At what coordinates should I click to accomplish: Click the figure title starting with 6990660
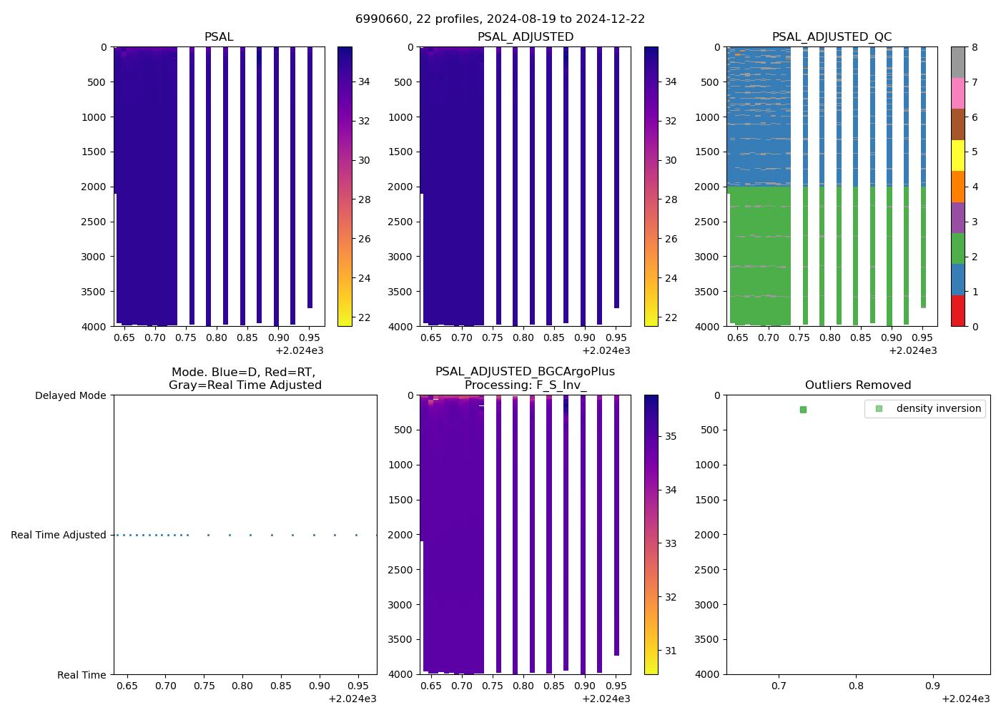pyautogui.click(x=500, y=19)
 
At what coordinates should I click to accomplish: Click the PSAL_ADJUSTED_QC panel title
pyautogui.click(x=832, y=37)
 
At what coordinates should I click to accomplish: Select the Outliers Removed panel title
pyautogui.click(x=857, y=385)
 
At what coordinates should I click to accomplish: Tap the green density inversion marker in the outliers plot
pyautogui.click(x=803, y=410)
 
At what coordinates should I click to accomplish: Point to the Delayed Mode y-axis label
pyautogui.click(x=70, y=395)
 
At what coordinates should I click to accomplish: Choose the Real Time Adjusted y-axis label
pyautogui.click(x=58, y=535)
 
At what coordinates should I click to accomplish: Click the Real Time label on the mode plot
pyautogui.click(x=82, y=675)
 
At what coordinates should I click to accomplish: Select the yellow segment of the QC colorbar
pyautogui.click(x=958, y=155)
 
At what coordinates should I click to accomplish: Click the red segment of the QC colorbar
pyautogui.click(x=958, y=311)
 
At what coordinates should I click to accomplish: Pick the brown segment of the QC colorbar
pyautogui.click(x=958, y=124)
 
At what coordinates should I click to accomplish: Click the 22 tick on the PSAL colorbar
pyautogui.click(x=364, y=317)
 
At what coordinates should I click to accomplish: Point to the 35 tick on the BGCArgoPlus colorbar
pyautogui.click(x=671, y=436)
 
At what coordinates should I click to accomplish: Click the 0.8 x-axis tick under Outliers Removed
pyautogui.click(x=856, y=686)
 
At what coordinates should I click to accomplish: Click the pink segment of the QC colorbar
pyautogui.click(x=958, y=93)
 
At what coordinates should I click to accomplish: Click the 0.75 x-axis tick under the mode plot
pyautogui.click(x=204, y=686)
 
